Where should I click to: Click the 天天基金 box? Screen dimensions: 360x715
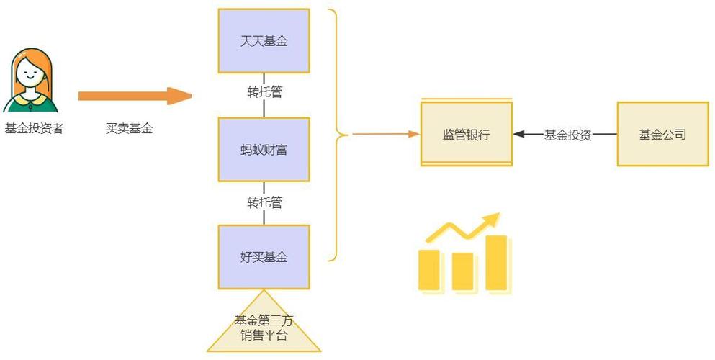pyautogui.click(x=264, y=40)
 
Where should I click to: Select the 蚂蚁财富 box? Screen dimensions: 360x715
pyautogui.click(x=264, y=150)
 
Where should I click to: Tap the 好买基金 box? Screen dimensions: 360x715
pyautogui.click(x=264, y=256)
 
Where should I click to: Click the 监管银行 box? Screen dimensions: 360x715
pyautogui.click(x=466, y=134)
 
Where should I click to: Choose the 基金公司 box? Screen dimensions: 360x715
pyautogui.click(x=662, y=134)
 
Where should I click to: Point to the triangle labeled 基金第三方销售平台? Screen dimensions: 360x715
pyautogui.click(x=264, y=328)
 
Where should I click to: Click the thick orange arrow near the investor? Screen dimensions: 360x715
pyautogui.click(x=134, y=96)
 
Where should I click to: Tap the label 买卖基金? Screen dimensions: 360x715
pyautogui.click(x=129, y=129)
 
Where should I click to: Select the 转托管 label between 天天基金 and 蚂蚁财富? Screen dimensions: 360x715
pyautogui.click(x=264, y=93)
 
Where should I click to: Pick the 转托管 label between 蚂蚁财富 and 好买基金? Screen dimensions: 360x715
pyautogui.click(x=264, y=202)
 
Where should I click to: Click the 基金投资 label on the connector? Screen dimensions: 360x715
pyautogui.click(x=567, y=135)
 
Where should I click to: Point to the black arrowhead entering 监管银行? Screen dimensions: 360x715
pyautogui.click(x=518, y=134)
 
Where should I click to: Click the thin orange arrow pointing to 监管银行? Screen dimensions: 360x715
pyautogui.click(x=385, y=134)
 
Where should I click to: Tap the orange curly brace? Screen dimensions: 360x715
pyautogui.click(x=336, y=134)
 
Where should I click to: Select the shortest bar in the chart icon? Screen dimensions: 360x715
pyautogui.click(x=462, y=271)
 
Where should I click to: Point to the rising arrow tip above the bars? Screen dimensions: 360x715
pyautogui.click(x=493, y=217)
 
